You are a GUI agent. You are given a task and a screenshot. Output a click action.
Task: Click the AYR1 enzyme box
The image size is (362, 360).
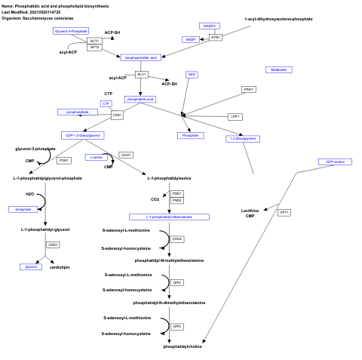pos(216,37)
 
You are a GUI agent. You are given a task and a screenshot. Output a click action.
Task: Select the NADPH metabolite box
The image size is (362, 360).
pos(210,26)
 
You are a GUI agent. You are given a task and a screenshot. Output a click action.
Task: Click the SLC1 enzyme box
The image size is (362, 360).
pos(141,74)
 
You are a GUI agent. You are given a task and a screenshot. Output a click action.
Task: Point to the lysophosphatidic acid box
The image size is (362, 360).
pos(140,57)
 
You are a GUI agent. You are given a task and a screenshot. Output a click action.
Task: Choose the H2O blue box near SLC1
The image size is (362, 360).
pos(192,74)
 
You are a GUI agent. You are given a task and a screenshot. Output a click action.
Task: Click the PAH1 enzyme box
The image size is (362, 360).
pos(248,89)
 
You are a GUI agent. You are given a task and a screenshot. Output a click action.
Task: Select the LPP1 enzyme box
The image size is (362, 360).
pos(235,117)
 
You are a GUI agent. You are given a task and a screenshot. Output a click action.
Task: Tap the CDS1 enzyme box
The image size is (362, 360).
pos(117,115)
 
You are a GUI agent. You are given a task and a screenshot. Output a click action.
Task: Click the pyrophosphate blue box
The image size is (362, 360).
pos(78,112)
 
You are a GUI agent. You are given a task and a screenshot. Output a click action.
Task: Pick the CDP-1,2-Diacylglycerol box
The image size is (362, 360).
pos(82,135)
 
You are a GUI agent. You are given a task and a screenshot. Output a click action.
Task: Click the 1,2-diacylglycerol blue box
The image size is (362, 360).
pos(242,138)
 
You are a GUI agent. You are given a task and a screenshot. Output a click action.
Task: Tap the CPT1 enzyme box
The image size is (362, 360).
pos(284,212)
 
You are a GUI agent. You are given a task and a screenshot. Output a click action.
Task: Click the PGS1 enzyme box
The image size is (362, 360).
pos(63,160)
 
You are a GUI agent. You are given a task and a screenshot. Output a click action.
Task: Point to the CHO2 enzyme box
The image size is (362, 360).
pos(177,238)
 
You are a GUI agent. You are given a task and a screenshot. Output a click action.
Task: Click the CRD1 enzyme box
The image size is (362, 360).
pos(53,245)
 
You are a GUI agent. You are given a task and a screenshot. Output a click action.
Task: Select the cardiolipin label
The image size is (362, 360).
pos(60,267)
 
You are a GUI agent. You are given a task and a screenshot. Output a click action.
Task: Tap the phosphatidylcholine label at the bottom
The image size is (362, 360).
pos(183,346)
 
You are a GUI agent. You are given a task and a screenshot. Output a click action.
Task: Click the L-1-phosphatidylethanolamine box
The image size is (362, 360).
pos(169,217)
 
